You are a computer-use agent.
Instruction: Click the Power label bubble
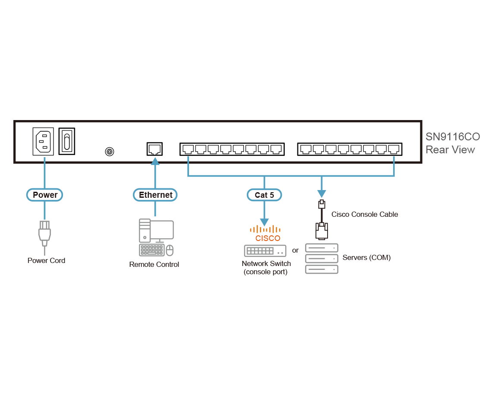point(45,195)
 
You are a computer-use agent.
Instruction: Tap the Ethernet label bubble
point(155,195)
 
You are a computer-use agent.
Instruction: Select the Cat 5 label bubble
point(264,195)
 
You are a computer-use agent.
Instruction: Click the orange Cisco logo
point(265,233)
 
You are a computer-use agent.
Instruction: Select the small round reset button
point(110,152)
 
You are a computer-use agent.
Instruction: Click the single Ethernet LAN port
point(154,149)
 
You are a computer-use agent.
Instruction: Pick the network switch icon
point(265,250)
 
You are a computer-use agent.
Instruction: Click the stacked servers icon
point(322,258)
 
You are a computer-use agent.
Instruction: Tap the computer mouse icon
point(170,250)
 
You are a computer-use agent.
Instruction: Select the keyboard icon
point(151,250)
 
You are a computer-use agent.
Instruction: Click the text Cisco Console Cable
point(365,214)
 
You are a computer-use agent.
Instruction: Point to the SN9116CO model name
point(452,137)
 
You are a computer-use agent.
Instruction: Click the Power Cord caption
point(46,260)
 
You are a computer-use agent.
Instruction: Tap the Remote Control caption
point(154,264)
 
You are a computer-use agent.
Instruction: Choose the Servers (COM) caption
point(366,258)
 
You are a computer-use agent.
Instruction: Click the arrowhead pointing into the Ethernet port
point(155,162)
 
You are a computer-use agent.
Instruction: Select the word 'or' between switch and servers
point(295,250)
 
